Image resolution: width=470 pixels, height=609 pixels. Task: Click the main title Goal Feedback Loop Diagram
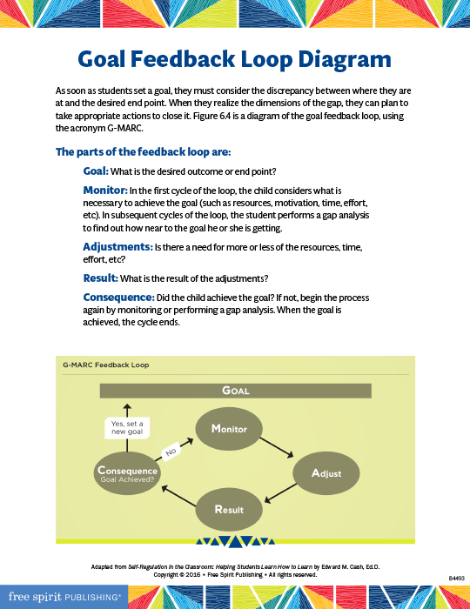(234, 59)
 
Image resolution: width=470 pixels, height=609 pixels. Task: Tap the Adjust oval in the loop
(326, 473)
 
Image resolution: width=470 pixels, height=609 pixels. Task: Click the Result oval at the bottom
(229, 509)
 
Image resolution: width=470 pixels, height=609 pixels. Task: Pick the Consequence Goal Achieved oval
(127, 473)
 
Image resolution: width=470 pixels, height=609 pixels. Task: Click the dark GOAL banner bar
(235, 391)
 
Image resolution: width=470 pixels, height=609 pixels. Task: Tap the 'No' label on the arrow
(172, 451)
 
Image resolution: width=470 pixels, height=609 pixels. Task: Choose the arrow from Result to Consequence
(178, 494)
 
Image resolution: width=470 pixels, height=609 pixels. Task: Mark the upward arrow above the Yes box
(127, 409)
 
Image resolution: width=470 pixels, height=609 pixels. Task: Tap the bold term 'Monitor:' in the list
(105, 190)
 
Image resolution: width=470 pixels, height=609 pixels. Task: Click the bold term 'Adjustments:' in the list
(117, 247)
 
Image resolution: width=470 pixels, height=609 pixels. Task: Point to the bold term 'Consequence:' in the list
(118, 298)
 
